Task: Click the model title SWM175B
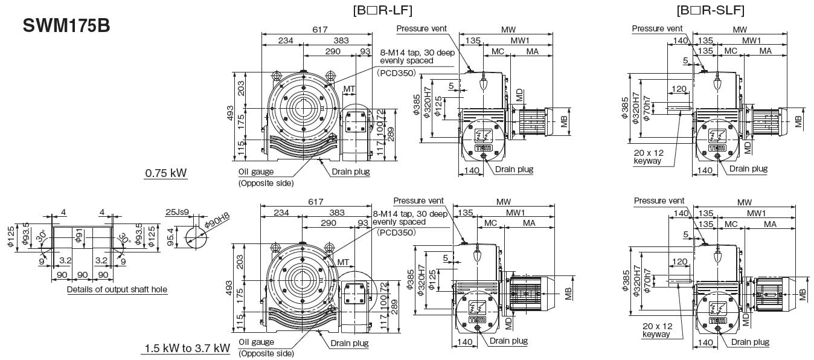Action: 66,27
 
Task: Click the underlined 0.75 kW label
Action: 165,174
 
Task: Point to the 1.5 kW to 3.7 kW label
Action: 186,349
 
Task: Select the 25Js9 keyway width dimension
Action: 177,212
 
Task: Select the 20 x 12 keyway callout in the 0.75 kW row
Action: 648,157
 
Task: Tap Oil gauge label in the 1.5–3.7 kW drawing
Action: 257,342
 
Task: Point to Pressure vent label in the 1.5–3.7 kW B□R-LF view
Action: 418,201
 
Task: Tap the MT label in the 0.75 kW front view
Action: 349,89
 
